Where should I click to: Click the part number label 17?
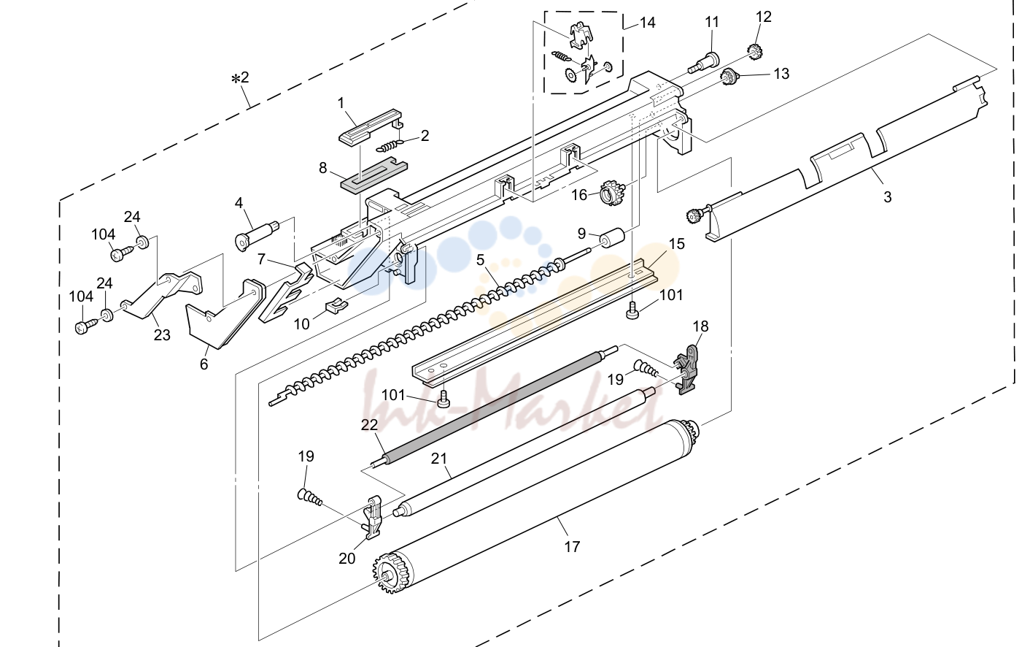pos(572,547)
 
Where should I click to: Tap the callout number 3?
pos(888,197)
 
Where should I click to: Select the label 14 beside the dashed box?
pos(648,23)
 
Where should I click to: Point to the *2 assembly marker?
pos(240,77)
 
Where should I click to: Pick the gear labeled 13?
pos(727,75)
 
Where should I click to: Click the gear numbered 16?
pos(611,192)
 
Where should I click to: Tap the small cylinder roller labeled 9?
pos(613,238)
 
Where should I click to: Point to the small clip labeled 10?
pos(336,305)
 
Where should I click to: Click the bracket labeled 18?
pos(687,369)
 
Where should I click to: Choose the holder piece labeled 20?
pos(373,516)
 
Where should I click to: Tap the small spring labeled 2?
pos(389,146)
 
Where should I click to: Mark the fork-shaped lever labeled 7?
pos(285,293)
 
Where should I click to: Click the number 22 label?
pos(369,425)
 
